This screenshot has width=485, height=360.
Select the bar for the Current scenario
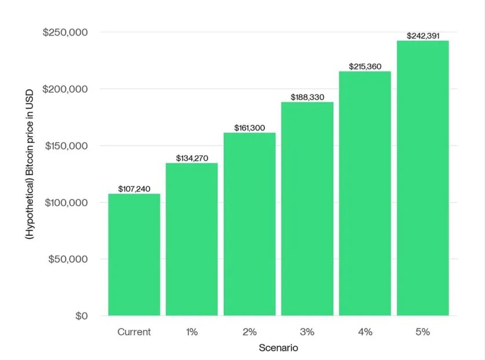[134, 254]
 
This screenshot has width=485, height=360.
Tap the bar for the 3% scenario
[307, 209]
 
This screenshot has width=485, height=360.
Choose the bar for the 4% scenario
[365, 194]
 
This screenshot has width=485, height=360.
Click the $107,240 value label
[134, 189]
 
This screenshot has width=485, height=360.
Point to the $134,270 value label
[192, 158]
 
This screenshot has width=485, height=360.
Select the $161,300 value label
[249, 128]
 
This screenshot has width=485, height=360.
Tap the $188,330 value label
[307, 97]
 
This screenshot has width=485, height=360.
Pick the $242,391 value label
[422, 36]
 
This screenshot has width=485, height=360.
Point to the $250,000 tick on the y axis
[65, 32]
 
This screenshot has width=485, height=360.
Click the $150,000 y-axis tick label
[65, 146]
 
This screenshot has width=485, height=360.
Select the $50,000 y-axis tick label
[68, 259]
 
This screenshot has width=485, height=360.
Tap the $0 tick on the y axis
[81, 316]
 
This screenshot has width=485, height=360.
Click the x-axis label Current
[134, 332]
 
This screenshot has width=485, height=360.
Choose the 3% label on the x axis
[307, 332]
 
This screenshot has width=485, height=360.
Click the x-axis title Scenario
[278, 348]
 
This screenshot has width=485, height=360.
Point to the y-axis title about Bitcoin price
[30, 164]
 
